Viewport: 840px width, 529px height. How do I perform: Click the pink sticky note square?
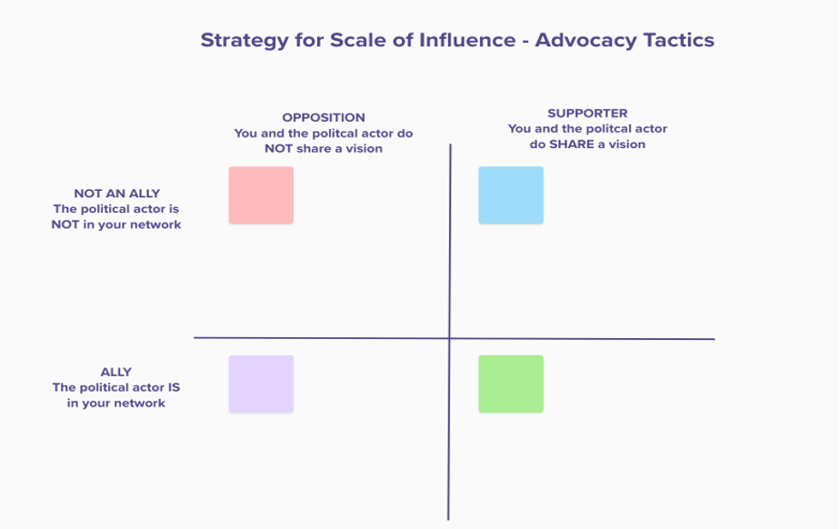click(x=261, y=195)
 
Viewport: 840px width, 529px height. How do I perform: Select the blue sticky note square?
click(x=511, y=195)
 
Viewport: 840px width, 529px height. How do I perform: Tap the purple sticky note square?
click(x=261, y=384)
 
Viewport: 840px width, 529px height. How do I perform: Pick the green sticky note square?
click(x=511, y=384)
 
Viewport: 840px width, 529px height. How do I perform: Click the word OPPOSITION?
click(x=324, y=117)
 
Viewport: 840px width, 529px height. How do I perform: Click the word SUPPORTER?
click(x=587, y=114)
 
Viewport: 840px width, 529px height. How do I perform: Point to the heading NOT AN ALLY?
click(x=116, y=194)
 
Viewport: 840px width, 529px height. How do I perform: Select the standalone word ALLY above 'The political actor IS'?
click(x=115, y=372)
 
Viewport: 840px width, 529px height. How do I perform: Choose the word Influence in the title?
click(x=466, y=40)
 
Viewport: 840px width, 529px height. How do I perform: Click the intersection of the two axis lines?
click(x=449, y=338)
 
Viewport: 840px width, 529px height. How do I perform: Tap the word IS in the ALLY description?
click(x=174, y=387)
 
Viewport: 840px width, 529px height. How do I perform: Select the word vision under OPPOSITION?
click(x=364, y=148)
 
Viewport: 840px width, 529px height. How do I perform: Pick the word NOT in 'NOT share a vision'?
click(x=278, y=148)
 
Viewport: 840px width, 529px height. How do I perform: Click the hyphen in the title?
click(x=525, y=42)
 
